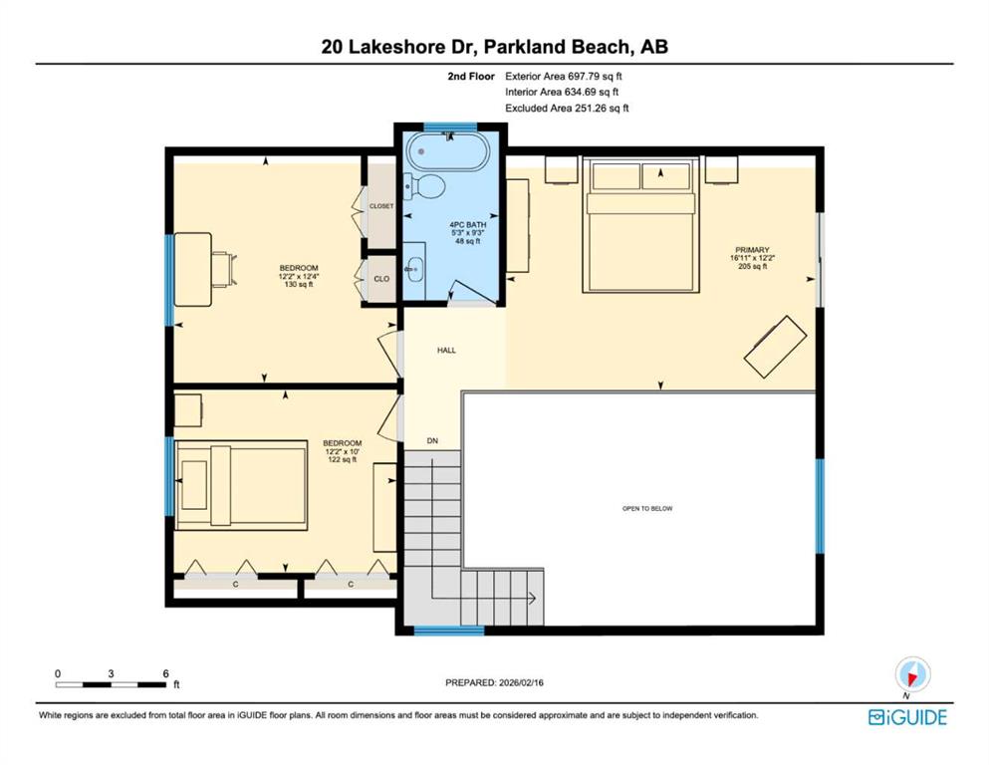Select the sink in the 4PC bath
[414, 271]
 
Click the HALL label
[446, 350]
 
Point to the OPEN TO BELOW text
[647, 508]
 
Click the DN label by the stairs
[432, 441]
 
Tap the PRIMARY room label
[752, 250]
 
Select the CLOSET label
[381, 206]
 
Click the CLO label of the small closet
[381, 279]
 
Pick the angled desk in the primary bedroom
[775, 347]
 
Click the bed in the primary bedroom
[640, 224]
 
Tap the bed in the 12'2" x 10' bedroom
[242, 485]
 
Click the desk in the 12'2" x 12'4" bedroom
[193, 269]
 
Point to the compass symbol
[912, 674]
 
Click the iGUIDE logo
[907, 718]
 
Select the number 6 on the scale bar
[166, 673]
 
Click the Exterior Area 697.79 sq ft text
[564, 77]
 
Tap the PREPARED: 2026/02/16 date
[494, 682]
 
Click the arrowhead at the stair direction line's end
[532, 598]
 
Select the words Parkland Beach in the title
[557, 47]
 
